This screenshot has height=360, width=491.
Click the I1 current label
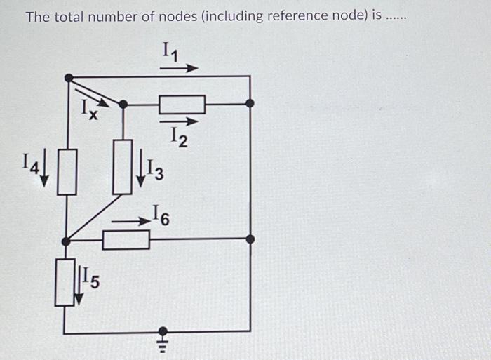point(170,51)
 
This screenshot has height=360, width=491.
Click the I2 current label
point(178,137)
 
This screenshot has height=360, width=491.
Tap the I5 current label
point(90,279)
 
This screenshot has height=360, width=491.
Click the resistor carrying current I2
point(182,105)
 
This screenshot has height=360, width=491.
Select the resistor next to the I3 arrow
point(123,167)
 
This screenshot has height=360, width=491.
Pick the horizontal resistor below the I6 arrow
point(126,240)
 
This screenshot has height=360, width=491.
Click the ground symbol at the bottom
point(163,338)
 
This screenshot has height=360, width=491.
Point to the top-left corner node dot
point(68,78)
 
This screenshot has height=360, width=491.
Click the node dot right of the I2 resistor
point(250,103)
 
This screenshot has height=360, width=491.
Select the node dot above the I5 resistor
point(65,241)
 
